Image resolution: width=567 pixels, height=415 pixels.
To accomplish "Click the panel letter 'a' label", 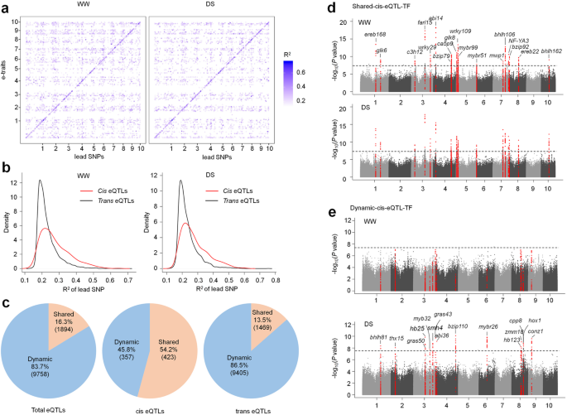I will [6, 7].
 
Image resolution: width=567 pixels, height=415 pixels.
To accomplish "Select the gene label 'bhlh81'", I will [378, 337].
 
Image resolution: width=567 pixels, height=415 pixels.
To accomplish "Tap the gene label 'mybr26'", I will [488, 327].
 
